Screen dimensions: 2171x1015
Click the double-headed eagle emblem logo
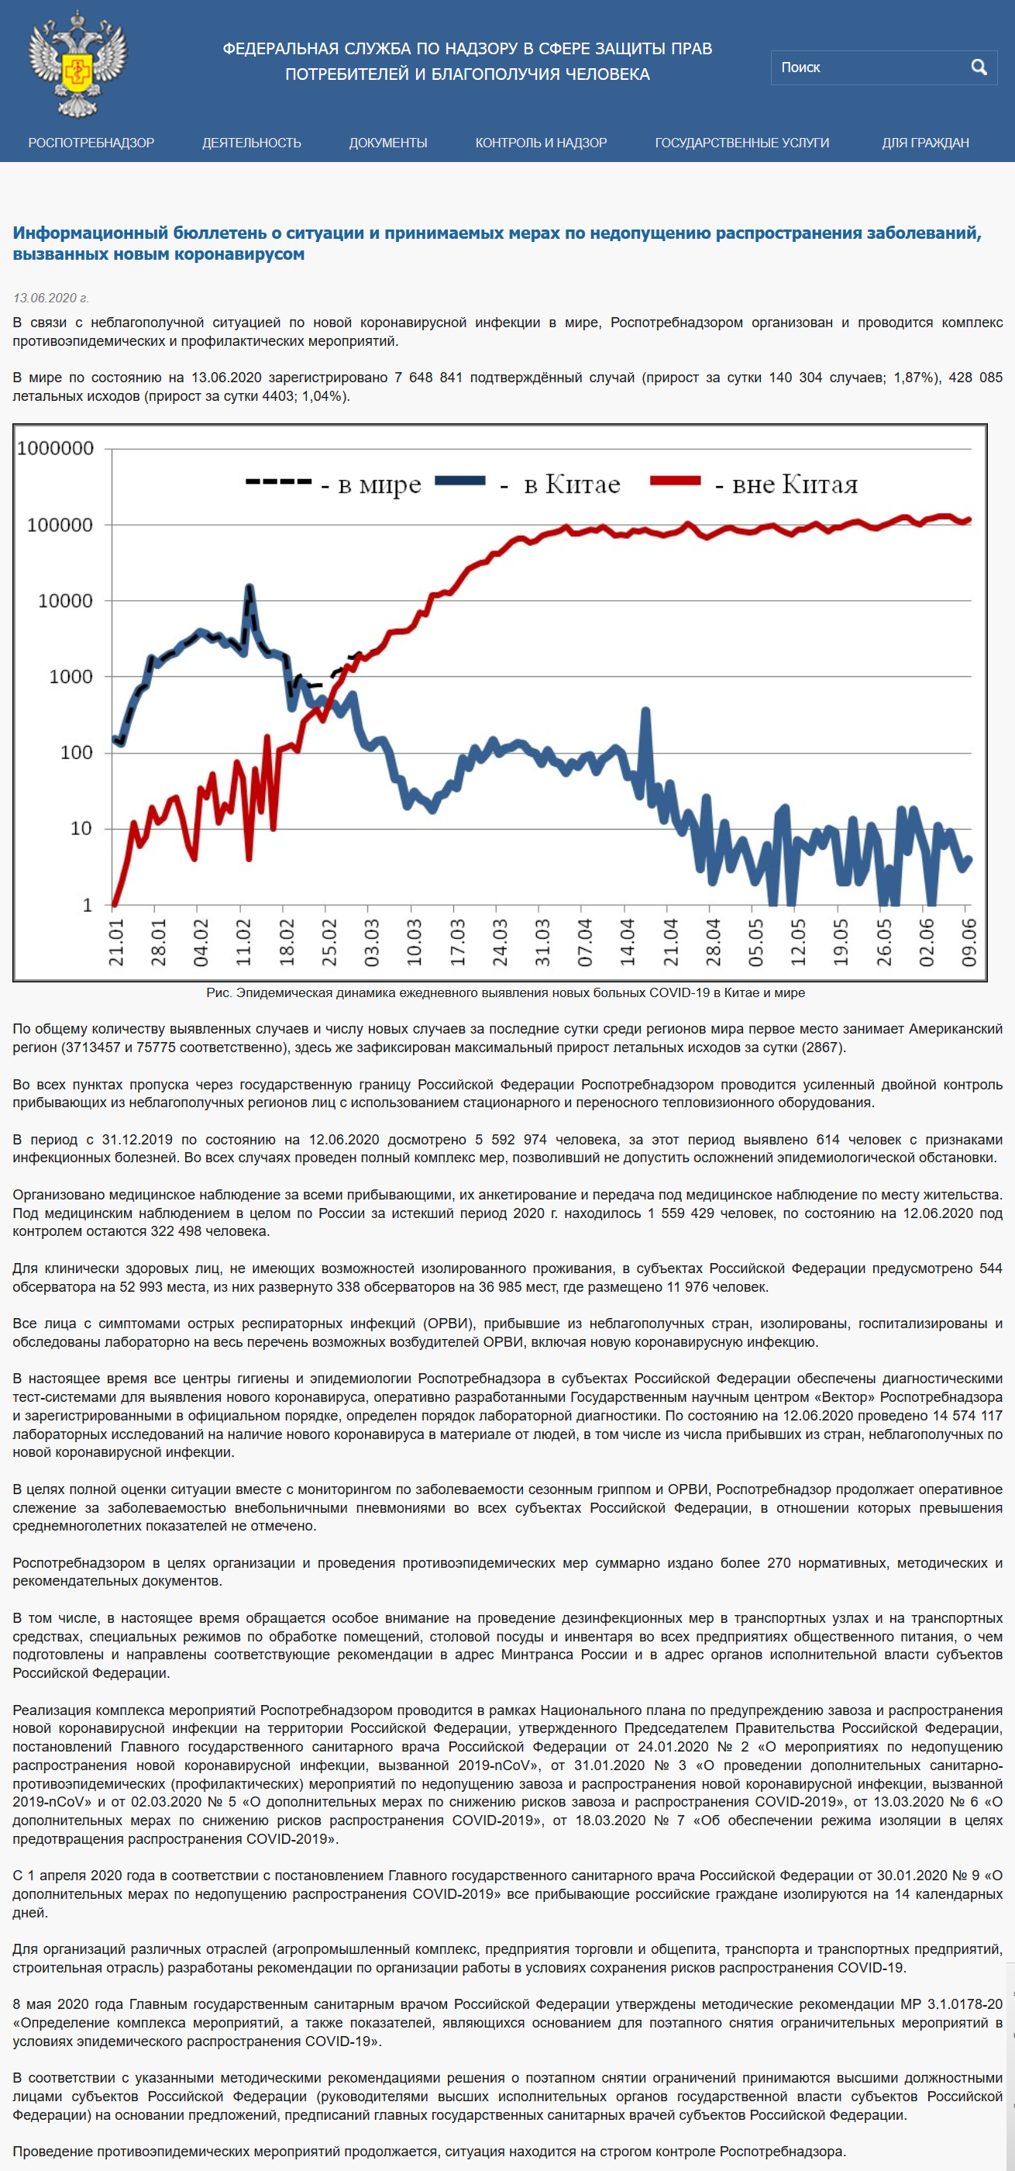click(x=77, y=64)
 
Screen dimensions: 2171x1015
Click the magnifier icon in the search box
click(x=979, y=67)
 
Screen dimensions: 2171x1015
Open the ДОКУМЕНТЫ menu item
click(x=388, y=143)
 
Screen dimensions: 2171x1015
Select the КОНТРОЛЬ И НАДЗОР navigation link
click(x=541, y=143)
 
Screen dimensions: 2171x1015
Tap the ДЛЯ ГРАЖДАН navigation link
click(x=925, y=143)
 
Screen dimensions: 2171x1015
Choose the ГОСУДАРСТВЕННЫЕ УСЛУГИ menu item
click(x=742, y=143)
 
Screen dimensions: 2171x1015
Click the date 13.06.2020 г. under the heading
click(x=50, y=299)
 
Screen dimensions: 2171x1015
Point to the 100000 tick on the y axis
click(x=59, y=525)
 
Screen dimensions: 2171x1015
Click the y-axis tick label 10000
click(x=65, y=601)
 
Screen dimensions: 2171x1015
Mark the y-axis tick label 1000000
click(x=56, y=448)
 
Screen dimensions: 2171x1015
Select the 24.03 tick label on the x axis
click(x=501, y=942)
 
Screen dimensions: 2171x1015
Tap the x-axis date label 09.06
click(x=969, y=942)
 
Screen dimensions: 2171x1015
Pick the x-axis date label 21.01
click(x=116, y=942)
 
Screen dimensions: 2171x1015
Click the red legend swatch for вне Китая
click(x=676, y=481)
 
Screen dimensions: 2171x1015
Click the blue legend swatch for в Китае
click(x=460, y=481)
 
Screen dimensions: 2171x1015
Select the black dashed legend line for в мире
click(x=279, y=481)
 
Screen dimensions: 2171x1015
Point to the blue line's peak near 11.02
click(x=249, y=587)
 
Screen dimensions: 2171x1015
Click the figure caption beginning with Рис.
click(x=505, y=992)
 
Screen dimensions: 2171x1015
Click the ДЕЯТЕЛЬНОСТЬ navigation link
click(x=251, y=143)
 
